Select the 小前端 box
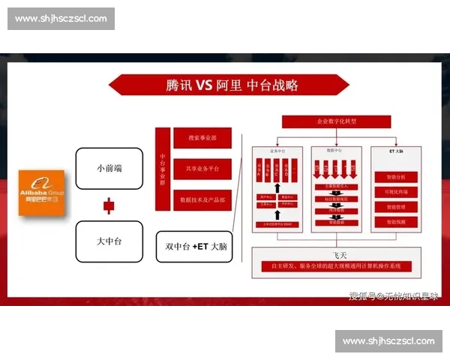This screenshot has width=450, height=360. [x=109, y=168]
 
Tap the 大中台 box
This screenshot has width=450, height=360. [x=109, y=241]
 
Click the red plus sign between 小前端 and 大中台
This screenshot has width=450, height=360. [x=109, y=204]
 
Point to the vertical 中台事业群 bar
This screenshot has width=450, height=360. [x=163, y=169]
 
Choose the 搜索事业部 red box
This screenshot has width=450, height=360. [x=202, y=138]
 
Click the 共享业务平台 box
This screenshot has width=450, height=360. [x=202, y=169]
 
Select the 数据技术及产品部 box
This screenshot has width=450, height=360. [x=202, y=200]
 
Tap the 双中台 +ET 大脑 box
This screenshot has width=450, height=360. [x=194, y=246]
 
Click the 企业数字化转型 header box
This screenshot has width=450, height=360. [x=336, y=121]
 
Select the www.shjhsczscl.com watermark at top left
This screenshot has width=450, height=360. [x=62, y=18]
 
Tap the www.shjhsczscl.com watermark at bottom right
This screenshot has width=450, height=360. [x=388, y=341]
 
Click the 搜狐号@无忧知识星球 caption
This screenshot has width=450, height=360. [x=393, y=295]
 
